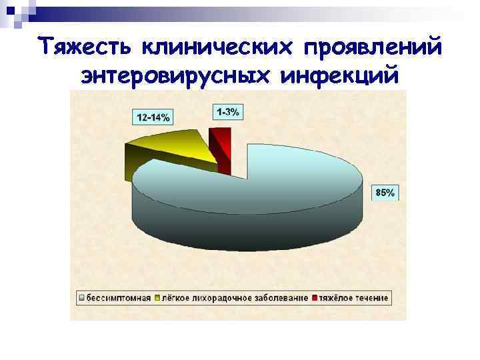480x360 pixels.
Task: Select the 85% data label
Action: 385,193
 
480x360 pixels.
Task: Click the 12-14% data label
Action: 153,117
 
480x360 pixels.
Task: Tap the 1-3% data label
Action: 227,111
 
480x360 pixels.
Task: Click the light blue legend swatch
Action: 81,297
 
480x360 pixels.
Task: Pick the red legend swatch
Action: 315,297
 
